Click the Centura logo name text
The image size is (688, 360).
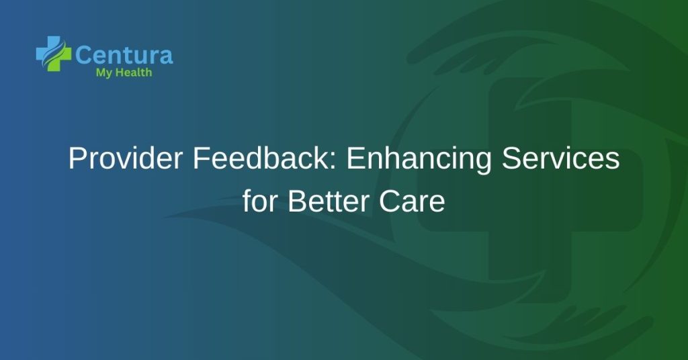point(124,54)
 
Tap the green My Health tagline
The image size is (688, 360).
point(124,73)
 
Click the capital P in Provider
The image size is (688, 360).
point(77,161)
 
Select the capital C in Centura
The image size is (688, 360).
point(84,54)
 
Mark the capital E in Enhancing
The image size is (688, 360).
point(354,161)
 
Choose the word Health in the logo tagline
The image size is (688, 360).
point(134,73)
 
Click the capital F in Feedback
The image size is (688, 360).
point(200,161)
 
